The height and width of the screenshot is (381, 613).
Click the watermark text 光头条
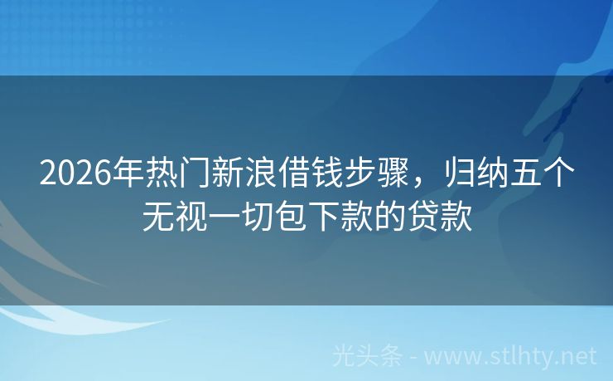366,356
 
